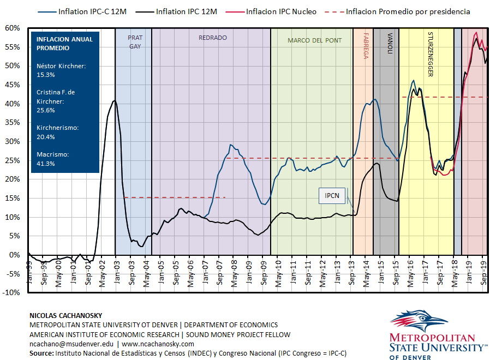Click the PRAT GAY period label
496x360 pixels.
pos(135,42)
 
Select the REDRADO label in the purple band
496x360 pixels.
pos(212,38)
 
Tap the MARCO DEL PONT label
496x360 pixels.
pos(314,40)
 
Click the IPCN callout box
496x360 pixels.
pos(332,195)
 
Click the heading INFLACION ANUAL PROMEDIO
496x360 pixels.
pos(64,44)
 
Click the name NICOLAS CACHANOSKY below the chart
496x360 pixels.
pos(65,315)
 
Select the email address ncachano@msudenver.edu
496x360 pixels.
pos(71,344)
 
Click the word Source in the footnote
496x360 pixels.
pos(40,353)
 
